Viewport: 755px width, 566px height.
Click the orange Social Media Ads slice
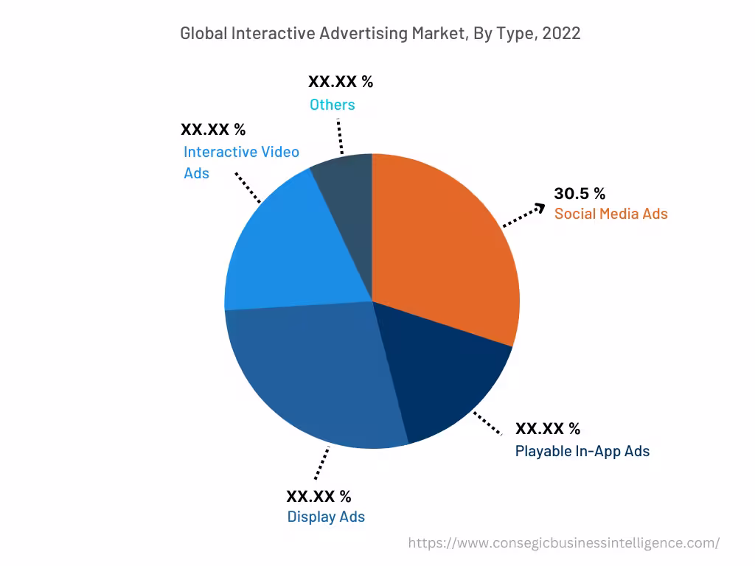click(x=442, y=251)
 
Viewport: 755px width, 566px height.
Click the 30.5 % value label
click(x=580, y=194)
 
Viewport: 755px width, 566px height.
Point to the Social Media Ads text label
click(x=610, y=214)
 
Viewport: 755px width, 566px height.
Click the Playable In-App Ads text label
click(x=582, y=451)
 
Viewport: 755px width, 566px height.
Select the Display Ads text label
click(x=326, y=517)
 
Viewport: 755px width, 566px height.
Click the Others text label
click(x=332, y=105)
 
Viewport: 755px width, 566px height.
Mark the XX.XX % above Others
click(x=341, y=82)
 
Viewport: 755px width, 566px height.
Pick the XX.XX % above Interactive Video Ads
click(x=213, y=130)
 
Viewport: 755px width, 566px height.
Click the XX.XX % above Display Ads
click(x=319, y=495)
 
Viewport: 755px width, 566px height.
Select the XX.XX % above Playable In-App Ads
click(x=547, y=429)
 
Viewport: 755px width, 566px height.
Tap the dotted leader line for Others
click(x=339, y=136)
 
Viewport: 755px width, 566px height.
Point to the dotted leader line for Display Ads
click(x=321, y=464)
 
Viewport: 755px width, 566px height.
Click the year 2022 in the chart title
click(x=561, y=33)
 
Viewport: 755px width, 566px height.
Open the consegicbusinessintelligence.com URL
click(x=563, y=543)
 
